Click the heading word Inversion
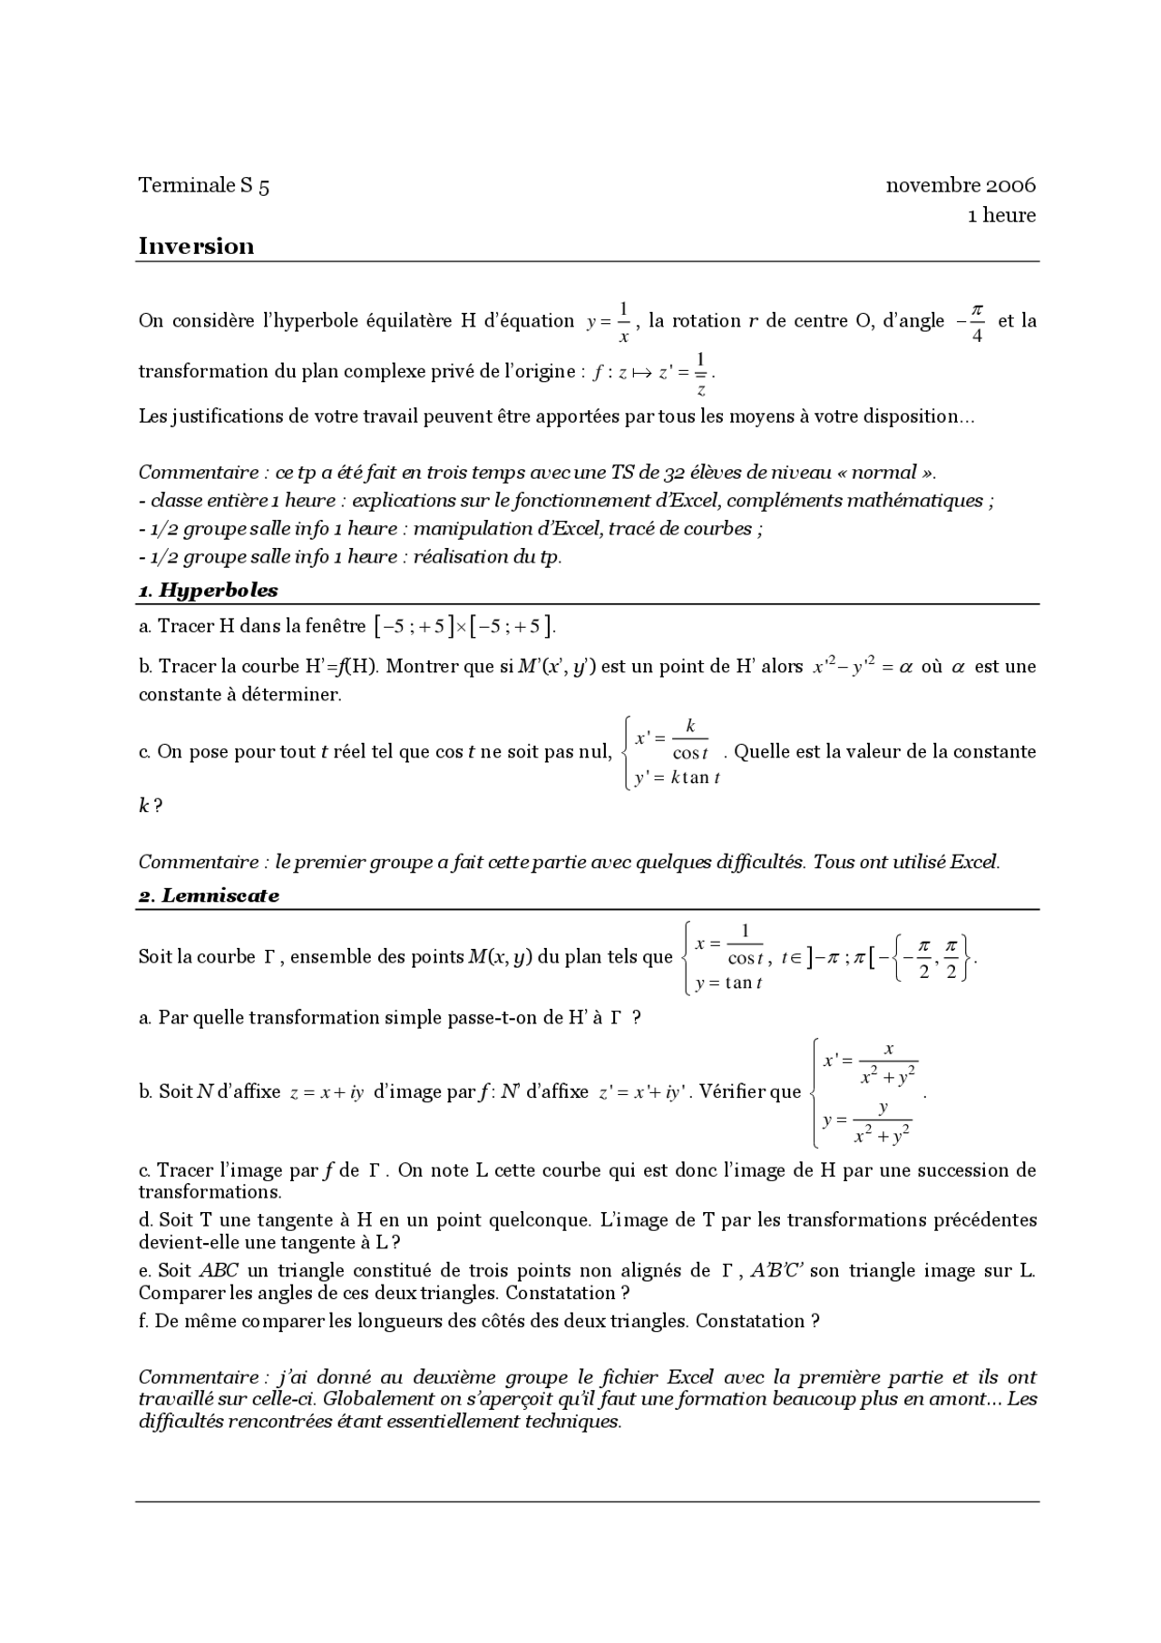click(196, 247)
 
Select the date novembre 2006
click(960, 186)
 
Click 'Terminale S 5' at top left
click(203, 186)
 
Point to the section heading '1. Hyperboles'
click(208, 591)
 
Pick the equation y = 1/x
click(609, 322)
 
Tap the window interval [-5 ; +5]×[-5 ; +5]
click(464, 626)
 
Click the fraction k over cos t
click(689, 739)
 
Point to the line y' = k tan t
click(677, 778)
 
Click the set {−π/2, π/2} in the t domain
click(932, 957)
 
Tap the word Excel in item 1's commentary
click(973, 862)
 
